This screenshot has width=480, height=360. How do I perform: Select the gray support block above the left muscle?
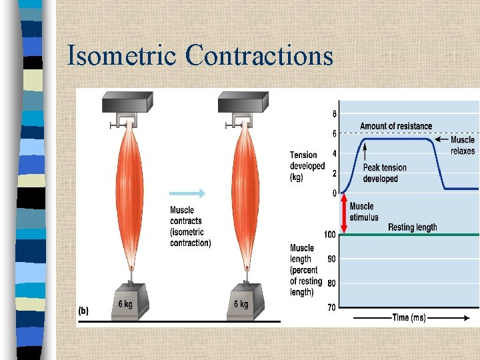pos(127,103)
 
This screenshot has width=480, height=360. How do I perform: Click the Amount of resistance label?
pos(396,126)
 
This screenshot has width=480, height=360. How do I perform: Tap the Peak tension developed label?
pos(384,173)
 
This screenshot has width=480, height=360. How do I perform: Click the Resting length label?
pos(413,227)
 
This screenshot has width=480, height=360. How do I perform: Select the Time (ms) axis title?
pos(409,318)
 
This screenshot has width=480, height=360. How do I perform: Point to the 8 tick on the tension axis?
pos(334,113)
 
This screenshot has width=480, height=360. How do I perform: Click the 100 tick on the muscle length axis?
pos(329,235)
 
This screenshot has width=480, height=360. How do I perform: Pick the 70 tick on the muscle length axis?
pos(331,307)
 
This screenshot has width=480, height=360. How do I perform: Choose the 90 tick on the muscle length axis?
pos(331,259)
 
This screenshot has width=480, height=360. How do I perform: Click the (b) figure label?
pos(84,311)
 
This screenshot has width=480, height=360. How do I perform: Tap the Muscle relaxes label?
pos(463,145)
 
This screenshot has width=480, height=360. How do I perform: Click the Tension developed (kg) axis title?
pos(307,166)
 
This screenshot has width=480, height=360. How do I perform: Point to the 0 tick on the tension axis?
pos(335,193)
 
